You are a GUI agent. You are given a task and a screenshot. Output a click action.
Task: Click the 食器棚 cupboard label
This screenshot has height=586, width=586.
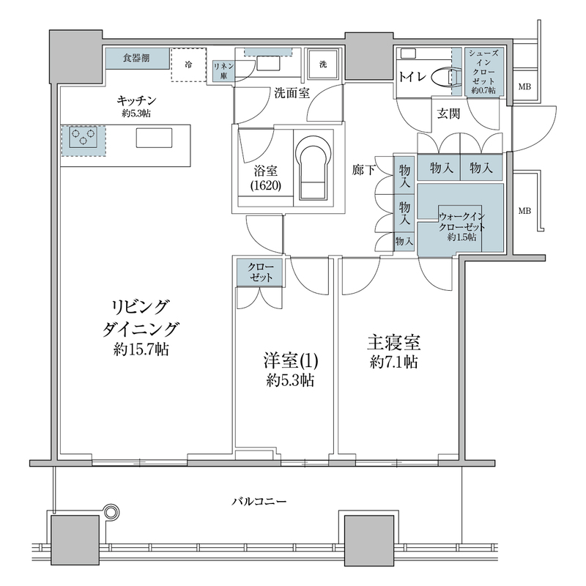(x=137, y=58)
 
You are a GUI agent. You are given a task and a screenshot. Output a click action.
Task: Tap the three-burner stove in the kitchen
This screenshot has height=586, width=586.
(x=83, y=138)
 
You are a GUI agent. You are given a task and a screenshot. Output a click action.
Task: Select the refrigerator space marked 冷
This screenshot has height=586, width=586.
(x=188, y=64)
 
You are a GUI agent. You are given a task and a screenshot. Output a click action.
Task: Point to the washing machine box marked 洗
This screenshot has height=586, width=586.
(x=322, y=64)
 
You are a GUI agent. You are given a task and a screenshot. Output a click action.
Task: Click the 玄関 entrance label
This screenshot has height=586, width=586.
(x=449, y=113)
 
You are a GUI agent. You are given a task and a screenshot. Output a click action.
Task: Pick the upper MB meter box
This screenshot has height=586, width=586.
(x=524, y=87)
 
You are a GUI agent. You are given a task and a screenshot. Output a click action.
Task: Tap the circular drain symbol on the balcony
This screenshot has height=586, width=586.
(x=111, y=510)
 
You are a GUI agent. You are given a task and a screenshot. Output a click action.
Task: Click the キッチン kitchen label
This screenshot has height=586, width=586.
(x=137, y=100)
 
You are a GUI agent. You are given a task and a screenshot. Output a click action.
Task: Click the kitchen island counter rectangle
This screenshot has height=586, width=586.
(x=154, y=138)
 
